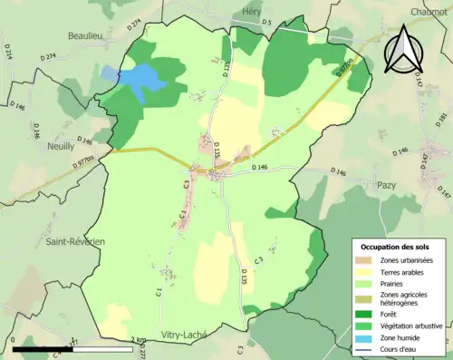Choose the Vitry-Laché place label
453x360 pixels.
coord(184,334)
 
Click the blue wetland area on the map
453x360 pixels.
coord(136,78)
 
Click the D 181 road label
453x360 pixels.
coord(442,120)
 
